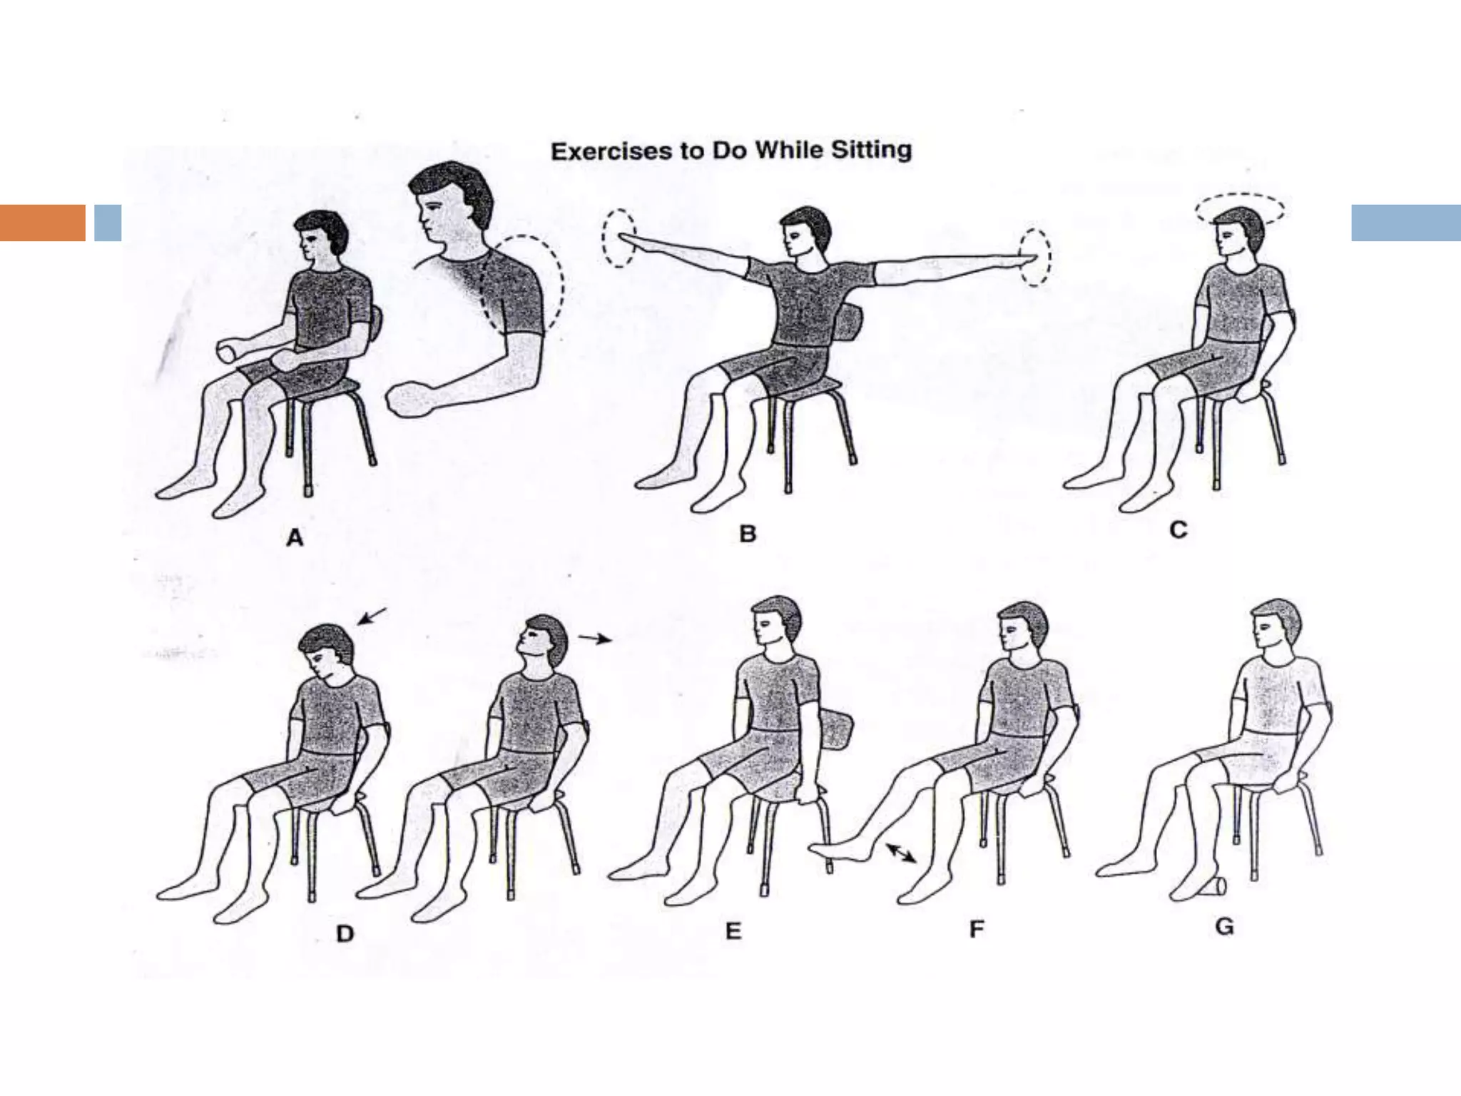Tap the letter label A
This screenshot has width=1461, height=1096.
[295, 538]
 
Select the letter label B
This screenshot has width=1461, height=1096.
[748, 534]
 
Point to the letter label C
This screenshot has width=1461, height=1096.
[1179, 529]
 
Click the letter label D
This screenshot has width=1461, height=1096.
[345, 933]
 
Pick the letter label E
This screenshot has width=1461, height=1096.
[733, 930]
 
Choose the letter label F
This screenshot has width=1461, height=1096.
[977, 929]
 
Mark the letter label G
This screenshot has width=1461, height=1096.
[1224, 926]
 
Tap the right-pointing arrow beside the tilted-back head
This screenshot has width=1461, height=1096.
[595, 638]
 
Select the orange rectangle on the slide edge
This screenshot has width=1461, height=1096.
[43, 223]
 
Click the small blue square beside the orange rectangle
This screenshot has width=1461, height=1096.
[108, 223]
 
